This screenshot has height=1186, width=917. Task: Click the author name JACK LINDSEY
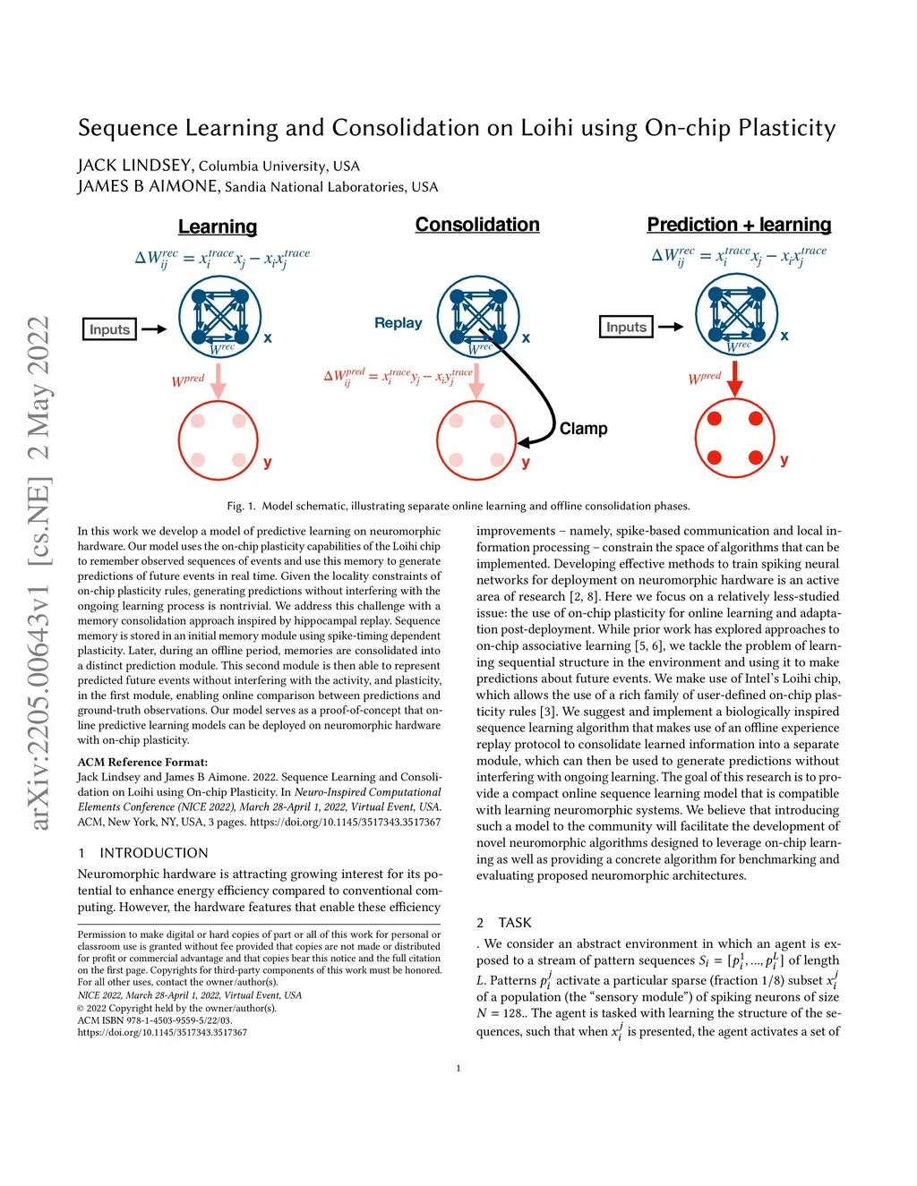click(x=134, y=166)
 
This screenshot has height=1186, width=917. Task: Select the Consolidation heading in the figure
click(x=477, y=225)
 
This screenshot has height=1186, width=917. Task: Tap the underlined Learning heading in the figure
click(x=218, y=227)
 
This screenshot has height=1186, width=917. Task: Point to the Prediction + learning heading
click(x=739, y=225)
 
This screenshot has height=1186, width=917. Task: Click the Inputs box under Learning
click(x=109, y=329)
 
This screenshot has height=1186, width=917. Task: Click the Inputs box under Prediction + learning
click(x=626, y=327)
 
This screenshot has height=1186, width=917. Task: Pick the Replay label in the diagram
click(x=399, y=323)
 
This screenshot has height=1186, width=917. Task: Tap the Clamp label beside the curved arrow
click(x=583, y=429)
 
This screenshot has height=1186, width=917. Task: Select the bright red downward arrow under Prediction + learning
click(x=735, y=378)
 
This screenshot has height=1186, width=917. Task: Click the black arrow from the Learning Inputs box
click(x=154, y=329)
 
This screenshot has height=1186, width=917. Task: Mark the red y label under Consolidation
click(x=526, y=462)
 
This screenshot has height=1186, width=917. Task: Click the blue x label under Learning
click(x=268, y=337)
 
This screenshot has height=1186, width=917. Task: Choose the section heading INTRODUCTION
click(x=153, y=853)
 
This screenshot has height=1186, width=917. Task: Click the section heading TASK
click(x=515, y=923)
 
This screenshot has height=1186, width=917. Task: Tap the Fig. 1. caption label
click(x=241, y=506)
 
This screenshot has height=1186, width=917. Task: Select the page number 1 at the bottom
click(x=458, y=1068)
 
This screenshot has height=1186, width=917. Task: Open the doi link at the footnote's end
click(x=162, y=1032)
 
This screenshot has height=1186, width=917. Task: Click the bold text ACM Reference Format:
click(x=142, y=763)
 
